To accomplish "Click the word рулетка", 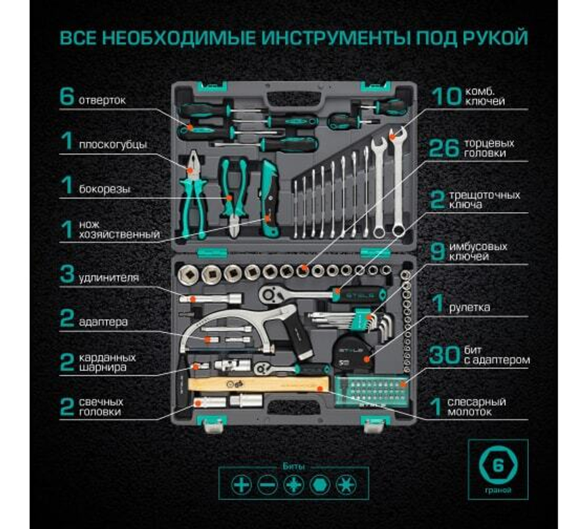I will click(x=469, y=307).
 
